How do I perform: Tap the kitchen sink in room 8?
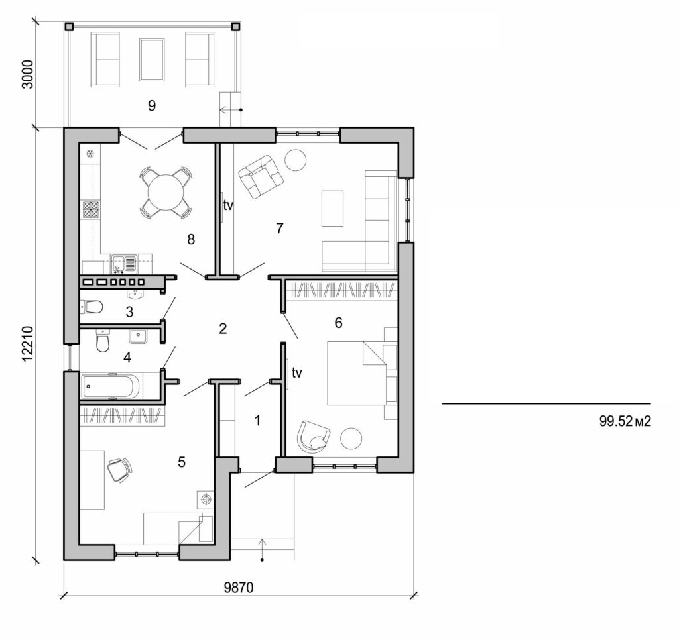click(x=124, y=264)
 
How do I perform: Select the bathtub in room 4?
click(x=111, y=387)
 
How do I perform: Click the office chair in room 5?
click(x=119, y=470)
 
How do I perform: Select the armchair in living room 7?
click(x=261, y=176)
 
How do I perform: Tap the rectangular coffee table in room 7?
click(x=332, y=208)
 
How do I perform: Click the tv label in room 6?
click(x=296, y=373)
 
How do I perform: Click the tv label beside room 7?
click(x=228, y=205)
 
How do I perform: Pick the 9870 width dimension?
click(x=239, y=588)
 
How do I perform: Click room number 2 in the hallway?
click(x=223, y=328)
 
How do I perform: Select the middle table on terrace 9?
click(x=152, y=60)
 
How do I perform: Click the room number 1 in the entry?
click(x=257, y=419)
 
